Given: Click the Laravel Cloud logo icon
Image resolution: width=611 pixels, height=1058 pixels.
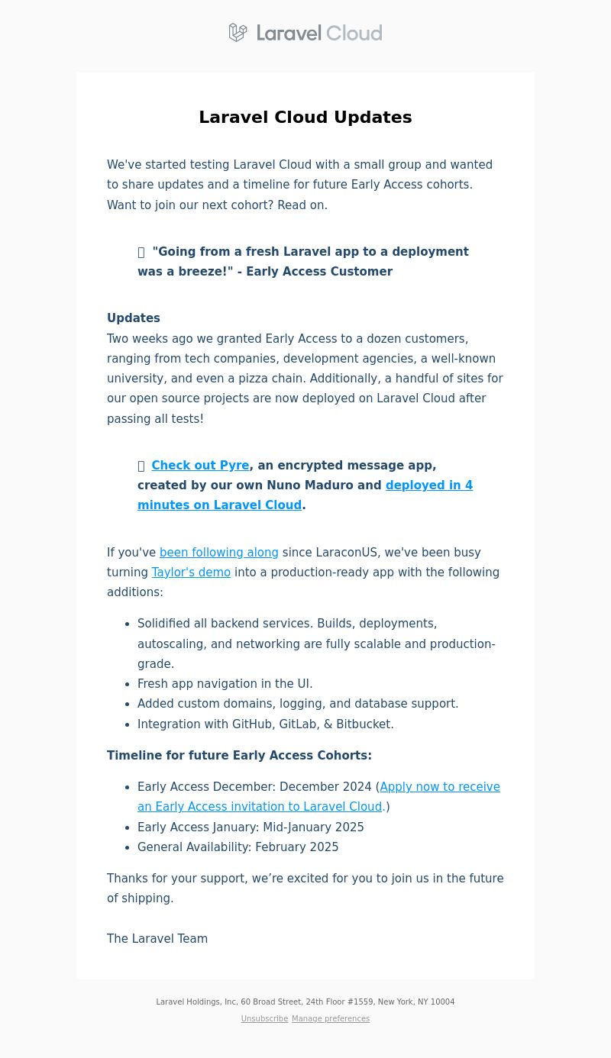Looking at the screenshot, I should pos(238,33).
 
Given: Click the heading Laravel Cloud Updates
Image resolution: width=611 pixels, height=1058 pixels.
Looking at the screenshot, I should pos(305,118).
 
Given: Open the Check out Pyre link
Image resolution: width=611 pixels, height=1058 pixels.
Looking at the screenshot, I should pos(200,466).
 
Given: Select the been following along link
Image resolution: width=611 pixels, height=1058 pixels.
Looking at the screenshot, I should pos(218,553).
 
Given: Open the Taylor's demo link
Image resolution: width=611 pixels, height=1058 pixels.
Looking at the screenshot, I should pos(191,573).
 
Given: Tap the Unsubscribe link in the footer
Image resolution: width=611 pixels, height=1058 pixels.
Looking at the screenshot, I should pos(264,1019).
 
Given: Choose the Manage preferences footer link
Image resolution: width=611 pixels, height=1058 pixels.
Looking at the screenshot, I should pos(331,1019).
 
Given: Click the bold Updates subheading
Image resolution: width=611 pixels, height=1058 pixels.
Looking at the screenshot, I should pos(134,318).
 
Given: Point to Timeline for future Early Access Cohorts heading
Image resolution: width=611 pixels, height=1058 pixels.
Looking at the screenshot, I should pos(239,756).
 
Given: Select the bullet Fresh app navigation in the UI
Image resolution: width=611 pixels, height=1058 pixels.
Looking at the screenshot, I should pos(225,684).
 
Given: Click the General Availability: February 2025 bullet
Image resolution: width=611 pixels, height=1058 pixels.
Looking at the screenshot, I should pos(238,847).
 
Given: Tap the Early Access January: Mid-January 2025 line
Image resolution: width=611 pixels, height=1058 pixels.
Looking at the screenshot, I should pos(251,827).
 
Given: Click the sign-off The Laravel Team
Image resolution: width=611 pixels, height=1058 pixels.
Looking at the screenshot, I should pos(157,939).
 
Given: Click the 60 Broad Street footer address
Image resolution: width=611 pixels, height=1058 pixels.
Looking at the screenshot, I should pos(270,1002).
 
